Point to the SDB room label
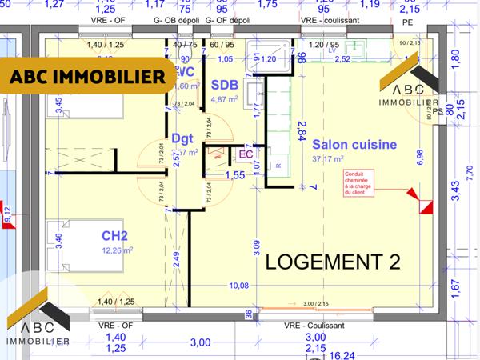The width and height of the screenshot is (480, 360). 223,85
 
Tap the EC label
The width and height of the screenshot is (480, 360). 246,154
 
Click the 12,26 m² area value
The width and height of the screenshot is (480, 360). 117,250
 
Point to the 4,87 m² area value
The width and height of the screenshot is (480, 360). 226,99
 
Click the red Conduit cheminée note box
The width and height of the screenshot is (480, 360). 362,182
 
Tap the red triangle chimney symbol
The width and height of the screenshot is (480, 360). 413,195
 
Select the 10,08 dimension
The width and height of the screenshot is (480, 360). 238,285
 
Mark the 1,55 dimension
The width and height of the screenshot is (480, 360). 234,174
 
